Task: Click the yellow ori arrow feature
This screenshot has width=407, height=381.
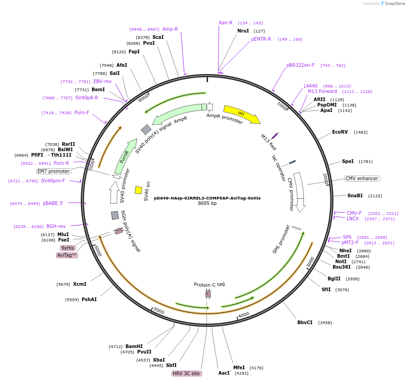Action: pyautogui.click(x=241, y=114)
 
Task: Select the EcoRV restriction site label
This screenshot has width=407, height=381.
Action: pyautogui.click(x=340, y=132)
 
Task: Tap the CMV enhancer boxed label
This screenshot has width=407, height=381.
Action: pyautogui.click(x=362, y=178)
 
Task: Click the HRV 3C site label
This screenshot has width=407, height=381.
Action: pyautogui.click(x=186, y=373)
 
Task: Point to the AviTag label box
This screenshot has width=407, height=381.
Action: pyautogui.click(x=67, y=255)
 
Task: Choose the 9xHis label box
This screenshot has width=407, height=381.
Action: pyautogui.click(x=68, y=248)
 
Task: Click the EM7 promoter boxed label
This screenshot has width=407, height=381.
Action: pyautogui.click(x=54, y=171)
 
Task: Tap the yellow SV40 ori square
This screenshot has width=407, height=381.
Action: pyautogui.click(x=139, y=190)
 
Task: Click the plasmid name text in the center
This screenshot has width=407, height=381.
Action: pyautogui.click(x=207, y=198)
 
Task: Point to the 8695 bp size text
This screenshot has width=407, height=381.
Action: pyautogui.click(x=208, y=204)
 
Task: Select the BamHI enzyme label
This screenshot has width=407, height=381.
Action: pyautogui.click(x=134, y=347)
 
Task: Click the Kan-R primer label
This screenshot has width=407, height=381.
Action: pyautogui.click(x=226, y=23)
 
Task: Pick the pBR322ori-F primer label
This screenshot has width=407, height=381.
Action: pyautogui.click(x=301, y=65)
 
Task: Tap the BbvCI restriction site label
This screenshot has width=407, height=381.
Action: pyautogui.click(x=305, y=322)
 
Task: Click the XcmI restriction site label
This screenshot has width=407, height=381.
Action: pyautogui.click(x=79, y=284)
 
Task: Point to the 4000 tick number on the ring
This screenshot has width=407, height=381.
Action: pyautogui.click(x=244, y=314)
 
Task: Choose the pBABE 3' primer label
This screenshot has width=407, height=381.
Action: pyautogui.click(x=53, y=204)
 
